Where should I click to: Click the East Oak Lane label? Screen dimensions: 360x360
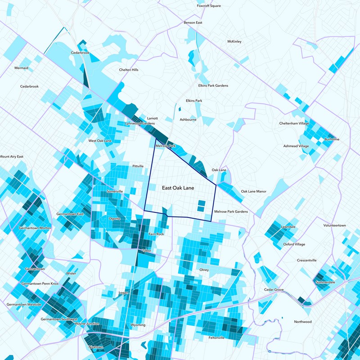[x=178, y=188]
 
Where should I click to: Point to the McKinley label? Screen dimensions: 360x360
[x=234, y=41]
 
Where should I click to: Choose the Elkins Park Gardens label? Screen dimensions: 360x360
[x=213, y=85]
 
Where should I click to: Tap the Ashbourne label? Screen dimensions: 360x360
[x=188, y=120]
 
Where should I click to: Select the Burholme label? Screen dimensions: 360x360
[x=332, y=139]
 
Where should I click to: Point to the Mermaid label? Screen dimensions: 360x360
[x=21, y=68]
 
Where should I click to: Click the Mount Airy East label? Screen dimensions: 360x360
[x=11, y=157]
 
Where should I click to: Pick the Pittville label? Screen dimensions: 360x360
[x=138, y=166]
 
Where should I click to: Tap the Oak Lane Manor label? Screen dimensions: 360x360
[x=253, y=191]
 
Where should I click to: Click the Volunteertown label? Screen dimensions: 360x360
[x=334, y=225]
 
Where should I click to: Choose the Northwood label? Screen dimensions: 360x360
[x=302, y=322]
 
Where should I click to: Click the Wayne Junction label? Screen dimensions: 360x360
[x=86, y=324]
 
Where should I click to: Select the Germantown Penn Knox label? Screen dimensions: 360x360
[x=40, y=284]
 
